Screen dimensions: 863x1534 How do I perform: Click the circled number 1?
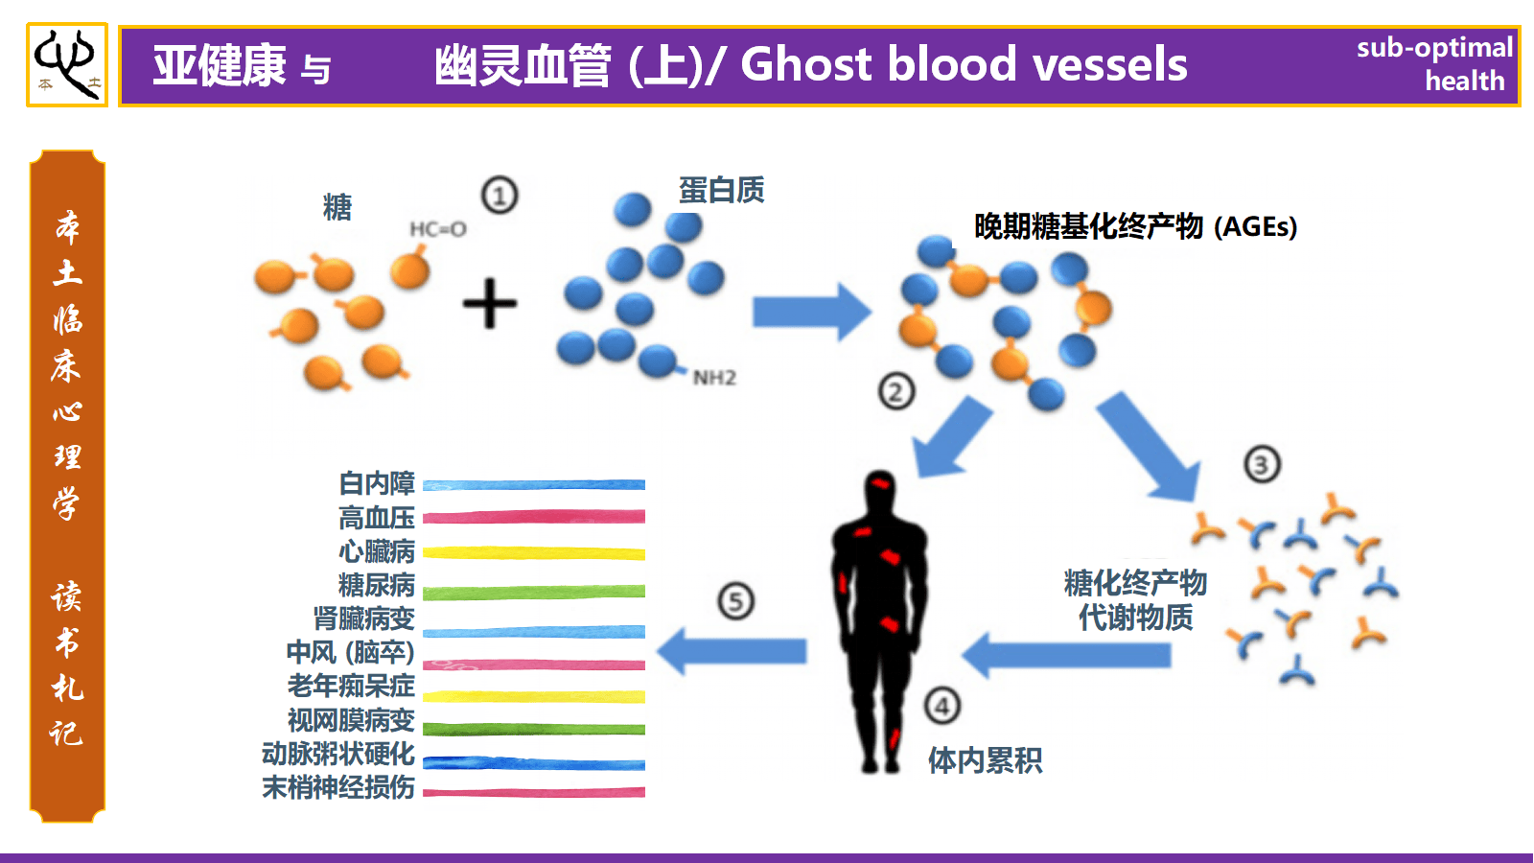pyautogui.click(x=500, y=195)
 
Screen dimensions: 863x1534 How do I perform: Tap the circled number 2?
pyautogui.click(x=896, y=391)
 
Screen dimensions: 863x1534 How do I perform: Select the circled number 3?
pyautogui.click(x=1262, y=465)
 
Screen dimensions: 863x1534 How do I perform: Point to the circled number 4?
pyautogui.click(x=942, y=707)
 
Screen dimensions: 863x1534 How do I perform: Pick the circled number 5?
pyautogui.click(x=736, y=601)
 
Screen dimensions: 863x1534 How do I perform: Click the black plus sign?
pyautogui.click(x=490, y=303)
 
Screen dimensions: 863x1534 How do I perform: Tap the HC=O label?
pyautogui.click(x=437, y=229)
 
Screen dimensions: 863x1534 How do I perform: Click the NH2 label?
pyautogui.click(x=714, y=378)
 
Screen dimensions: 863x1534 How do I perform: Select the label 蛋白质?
pyautogui.click(x=721, y=190)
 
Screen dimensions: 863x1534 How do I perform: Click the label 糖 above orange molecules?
pyautogui.click(x=337, y=207)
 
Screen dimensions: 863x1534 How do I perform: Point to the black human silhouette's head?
pyautogui.click(x=880, y=491)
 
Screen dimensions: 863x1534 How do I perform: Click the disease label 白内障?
pyautogui.click(x=377, y=483)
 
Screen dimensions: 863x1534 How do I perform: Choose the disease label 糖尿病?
pyautogui.click(x=377, y=585)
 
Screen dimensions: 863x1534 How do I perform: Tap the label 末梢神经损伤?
pyautogui.click(x=338, y=787)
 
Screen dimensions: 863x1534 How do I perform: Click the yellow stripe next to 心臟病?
pyautogui.click(x=534, y=553)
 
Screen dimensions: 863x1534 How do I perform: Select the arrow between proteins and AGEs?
pyautogui.click(x=811, y=312)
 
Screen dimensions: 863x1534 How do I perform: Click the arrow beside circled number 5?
pyautogui.click(x=732, y=651)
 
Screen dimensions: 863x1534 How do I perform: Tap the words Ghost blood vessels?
pyautogui.click(x=964, y=65)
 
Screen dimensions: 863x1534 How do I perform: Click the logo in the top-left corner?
pyautogui.click(x=66, y=64)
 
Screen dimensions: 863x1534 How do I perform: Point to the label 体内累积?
pyautogui.click(x=985, y=760)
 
